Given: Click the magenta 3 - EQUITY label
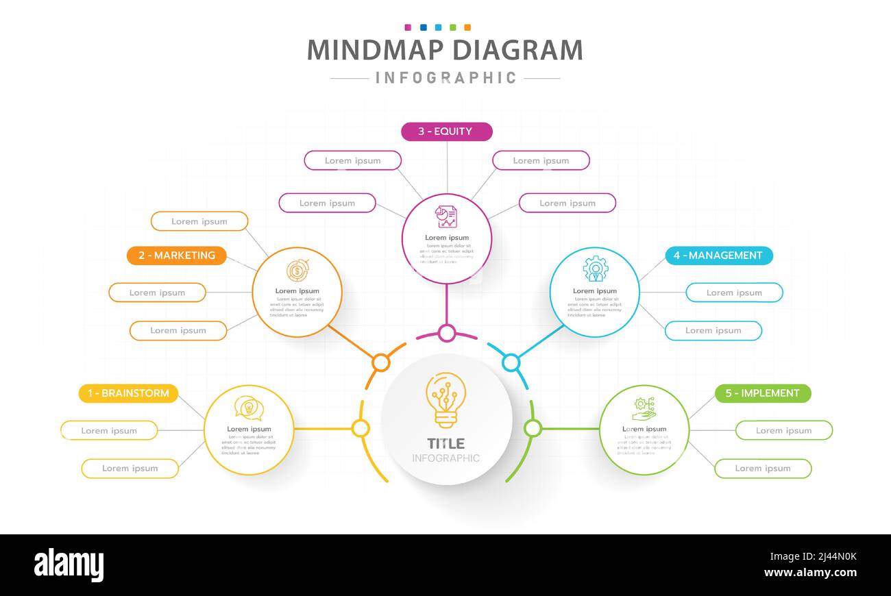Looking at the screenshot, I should click(446, 132).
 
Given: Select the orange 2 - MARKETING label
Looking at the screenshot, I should click(177, 256).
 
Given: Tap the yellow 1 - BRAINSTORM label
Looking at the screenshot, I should click(128, 393).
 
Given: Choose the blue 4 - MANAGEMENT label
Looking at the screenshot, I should click(719, 256).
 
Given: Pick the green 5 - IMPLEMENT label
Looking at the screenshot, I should click(763, 393).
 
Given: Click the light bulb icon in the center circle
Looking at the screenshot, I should click(445, 400).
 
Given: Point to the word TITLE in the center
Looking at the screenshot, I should click(445, 443).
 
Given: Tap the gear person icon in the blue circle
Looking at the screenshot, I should click(595, 269).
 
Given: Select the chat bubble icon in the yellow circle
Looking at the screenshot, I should click(249, 408).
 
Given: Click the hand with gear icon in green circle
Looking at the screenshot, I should click(644, 409).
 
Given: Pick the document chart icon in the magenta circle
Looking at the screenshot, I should click(446, 217).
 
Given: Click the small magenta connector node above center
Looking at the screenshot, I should click(447, 334).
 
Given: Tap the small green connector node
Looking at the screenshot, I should click(533, 429).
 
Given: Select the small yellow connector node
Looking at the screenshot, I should click(361, 429).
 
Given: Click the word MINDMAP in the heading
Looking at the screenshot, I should click(375, 51).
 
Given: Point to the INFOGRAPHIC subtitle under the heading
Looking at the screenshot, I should click(445, 78).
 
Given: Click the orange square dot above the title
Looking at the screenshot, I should click(467, 27).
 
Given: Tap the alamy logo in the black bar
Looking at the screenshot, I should click(69, 565).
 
